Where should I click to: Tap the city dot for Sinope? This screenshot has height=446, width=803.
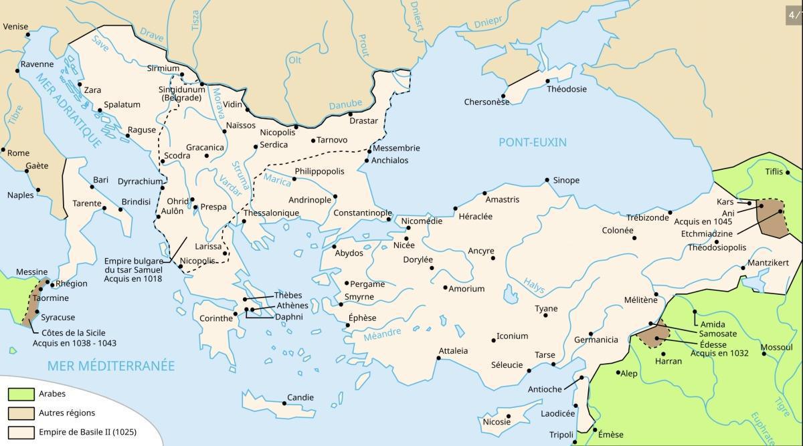(x=547, y=180)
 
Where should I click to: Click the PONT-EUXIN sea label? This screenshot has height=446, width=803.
(x=532, y=142)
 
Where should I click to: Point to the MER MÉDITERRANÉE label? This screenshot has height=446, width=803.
(x=110, y=366)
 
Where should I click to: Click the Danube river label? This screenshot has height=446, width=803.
(x=345, y=105)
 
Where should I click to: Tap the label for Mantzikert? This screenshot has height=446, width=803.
(x=768, y=263)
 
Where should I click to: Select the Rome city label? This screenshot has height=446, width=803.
(x=18, y=153)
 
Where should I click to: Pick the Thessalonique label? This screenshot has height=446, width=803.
(x=271, y=213)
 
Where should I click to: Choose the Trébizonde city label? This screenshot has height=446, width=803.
(x=647, y=218)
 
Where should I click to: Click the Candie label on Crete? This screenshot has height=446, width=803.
(x=300, y=398)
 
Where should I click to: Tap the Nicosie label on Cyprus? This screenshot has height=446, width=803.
(x=497, y=421)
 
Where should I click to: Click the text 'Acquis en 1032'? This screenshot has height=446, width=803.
(x=719, y=353)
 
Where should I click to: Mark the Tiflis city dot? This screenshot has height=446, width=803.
(x=788, y=173)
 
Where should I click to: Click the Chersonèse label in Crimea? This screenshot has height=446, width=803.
(x=486, y=102)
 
